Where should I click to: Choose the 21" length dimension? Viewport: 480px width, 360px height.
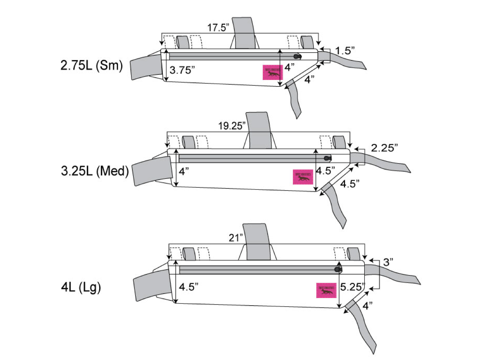pos(236,238)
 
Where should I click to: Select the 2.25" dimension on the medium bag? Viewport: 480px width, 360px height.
pos(384,148)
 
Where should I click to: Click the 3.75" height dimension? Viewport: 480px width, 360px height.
pos(182,69)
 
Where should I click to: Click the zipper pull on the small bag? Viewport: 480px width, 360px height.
pos(297,56)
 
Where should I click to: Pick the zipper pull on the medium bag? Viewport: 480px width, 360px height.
pos(327,157)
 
